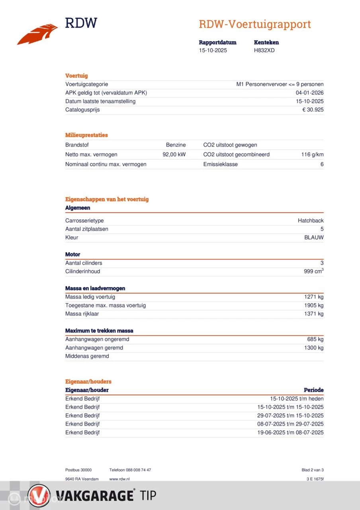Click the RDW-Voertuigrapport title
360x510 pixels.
click(x=254, y=24)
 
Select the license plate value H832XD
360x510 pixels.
click(x=264, y=50)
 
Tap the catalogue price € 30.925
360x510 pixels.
click(x=313, y=110)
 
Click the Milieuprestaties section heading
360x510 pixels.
click(x=86, y=135)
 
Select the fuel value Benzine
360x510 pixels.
click(x=176, y=145)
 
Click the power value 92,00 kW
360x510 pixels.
click(x=174, y=155)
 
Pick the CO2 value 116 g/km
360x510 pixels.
click(x=312, y=155)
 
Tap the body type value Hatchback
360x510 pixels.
click(x=311, y=221)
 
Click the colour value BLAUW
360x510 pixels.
click(x=314, y=237)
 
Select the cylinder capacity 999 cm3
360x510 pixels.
click(x=313, y=271)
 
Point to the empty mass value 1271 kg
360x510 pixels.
click(x=314, y=297)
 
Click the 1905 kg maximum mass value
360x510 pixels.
click(x=314, y=305)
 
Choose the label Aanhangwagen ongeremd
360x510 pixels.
click(x=97, y=339)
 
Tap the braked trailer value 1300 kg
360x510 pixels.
click(x=314, y=348)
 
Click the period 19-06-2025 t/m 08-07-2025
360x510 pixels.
click(x=290, y=432)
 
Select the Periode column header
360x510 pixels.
click(x=313, y=390)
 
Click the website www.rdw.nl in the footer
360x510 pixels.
click(x=119, y=479)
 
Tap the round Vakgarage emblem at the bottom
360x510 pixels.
click(x=39, y=496)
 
